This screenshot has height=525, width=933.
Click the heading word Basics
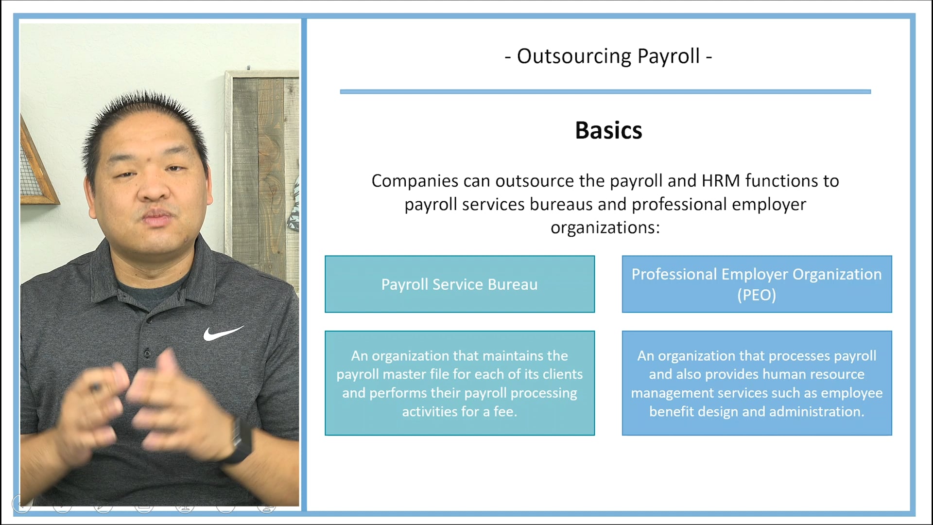click(608, 130)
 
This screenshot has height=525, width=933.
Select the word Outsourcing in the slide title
click(573, 56)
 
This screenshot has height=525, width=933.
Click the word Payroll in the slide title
click(669, 56)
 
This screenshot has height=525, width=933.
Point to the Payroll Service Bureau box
click(459, 284)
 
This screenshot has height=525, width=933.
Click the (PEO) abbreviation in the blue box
click(757, 295)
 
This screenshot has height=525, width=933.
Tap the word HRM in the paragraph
click(721, 181)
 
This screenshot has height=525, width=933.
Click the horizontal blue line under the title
click(605, 91)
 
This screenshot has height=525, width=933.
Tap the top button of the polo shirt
click(147, 352)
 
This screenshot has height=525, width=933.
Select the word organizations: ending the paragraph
click(605, 227)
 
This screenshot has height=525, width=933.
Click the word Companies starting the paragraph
click(415, 181)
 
